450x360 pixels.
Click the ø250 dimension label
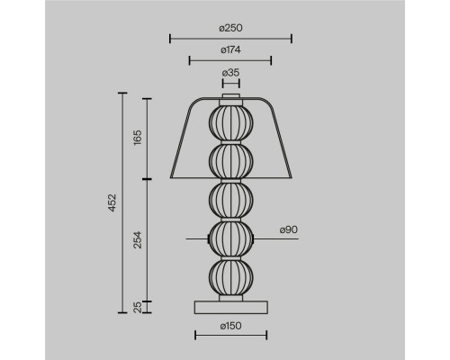click(x=230, y=28)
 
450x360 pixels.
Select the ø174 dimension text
click(x=230, y=49)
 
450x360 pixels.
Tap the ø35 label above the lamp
click(x=230, y=73)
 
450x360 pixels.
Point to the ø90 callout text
click(x=289, y=229)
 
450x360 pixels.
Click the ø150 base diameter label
click(x=230, y=326)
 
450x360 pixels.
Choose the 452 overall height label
click(x=112, y=202)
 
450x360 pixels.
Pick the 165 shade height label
click(x=138, y=138)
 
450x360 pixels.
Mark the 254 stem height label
click(x=138, y=239)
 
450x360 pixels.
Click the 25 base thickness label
click(x=138, y=307)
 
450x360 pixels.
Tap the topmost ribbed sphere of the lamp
click(x=230, y=122)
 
